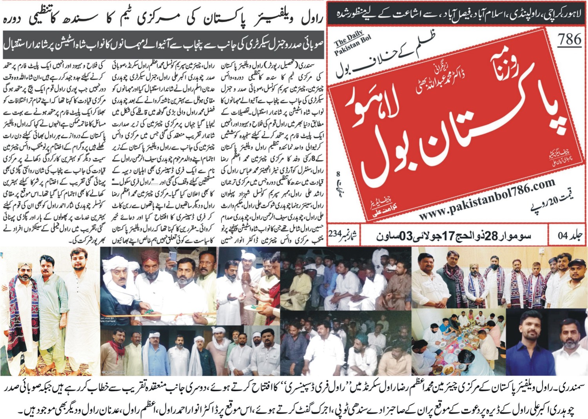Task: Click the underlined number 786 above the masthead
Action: coord(570,40)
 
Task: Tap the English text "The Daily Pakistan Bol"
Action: coord(352,44)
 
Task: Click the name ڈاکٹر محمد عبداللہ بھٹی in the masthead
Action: coord(441,78)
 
